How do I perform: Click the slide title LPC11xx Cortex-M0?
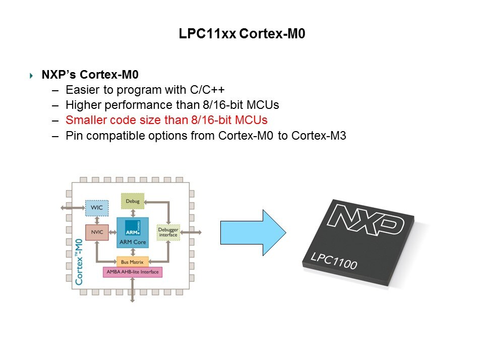[242, 34]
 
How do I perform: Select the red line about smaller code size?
[166, 120]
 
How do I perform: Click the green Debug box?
[132, 201]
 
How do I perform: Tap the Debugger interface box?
[168, 232]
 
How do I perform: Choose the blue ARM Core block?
[132, 232]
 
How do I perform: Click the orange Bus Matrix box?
[132, 262]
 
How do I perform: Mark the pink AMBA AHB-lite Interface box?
[132, 272]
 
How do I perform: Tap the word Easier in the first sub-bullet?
[81, 90]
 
